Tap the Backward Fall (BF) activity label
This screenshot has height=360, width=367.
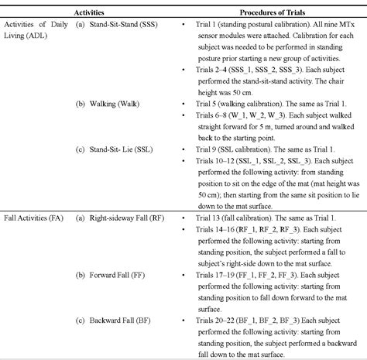(x=115, y=319)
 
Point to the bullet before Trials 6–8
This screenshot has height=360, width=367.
(x=180, y=115)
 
